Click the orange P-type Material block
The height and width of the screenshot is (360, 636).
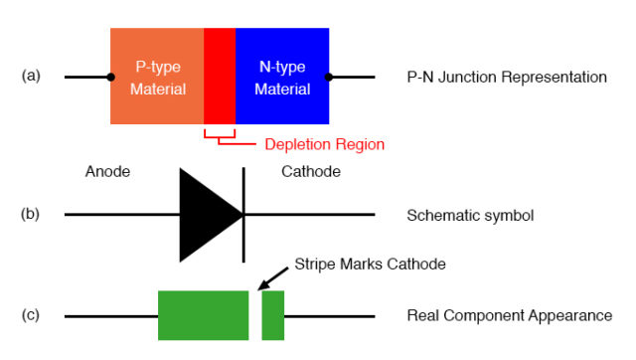click(157, 77)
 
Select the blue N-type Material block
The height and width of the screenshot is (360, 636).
click(282, 77)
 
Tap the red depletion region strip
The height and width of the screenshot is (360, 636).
click(220, 77)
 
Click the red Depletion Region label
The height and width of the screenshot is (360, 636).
click(324, 144)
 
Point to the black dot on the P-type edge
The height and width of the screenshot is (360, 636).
click(110, 77)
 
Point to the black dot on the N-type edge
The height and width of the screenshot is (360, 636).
click(329, 77)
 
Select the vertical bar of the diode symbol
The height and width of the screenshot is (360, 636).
click(243, 215)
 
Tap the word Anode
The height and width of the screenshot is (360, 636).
click(108, 172)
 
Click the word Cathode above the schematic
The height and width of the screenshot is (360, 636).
click(311, 172)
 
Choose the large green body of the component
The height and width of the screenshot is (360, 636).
click(203, 315)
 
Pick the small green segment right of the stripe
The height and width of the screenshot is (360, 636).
click(273, 315)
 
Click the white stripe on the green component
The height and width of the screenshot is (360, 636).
click(255, 315)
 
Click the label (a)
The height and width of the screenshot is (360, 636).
click(31, 76)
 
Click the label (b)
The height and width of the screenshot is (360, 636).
click(31, 214)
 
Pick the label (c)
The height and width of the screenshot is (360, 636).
click(31, 315)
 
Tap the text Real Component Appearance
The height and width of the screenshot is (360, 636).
click(509, 315)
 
